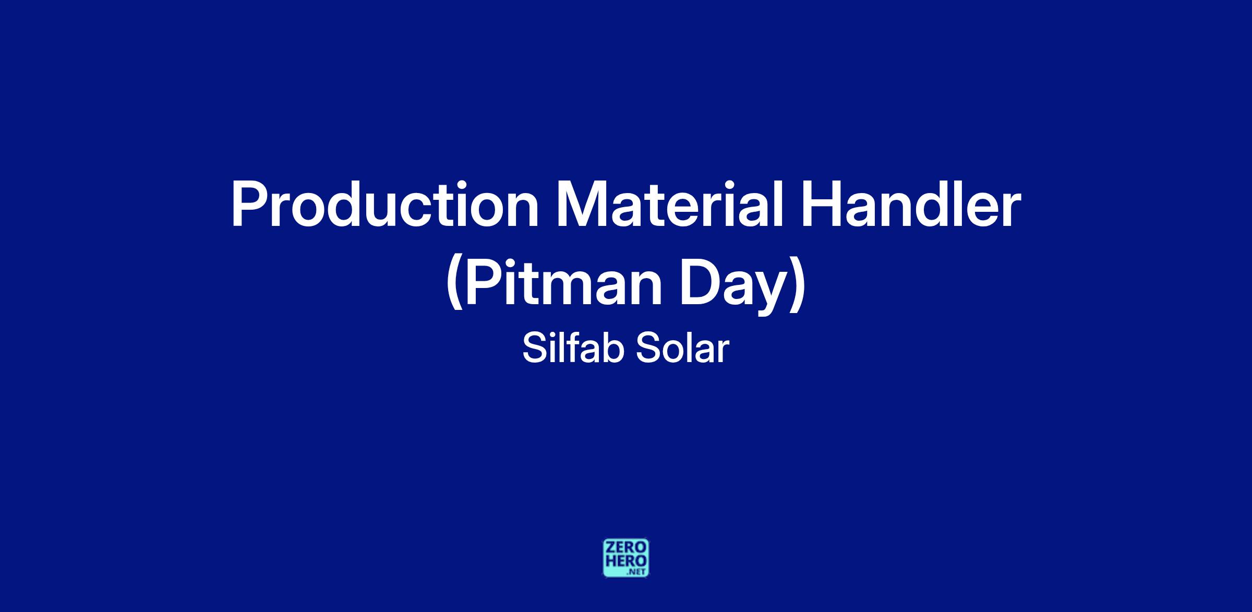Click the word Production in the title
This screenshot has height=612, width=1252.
(x=385, y=205)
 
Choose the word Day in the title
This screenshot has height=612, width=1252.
(x=732, y=287)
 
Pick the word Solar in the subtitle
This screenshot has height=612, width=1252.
(x=682, y=349)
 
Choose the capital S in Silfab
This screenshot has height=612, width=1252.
(x=534, y=349)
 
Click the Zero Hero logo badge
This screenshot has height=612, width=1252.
(x=626, y=558)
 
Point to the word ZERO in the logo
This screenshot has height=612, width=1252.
(x=626, y=547)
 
